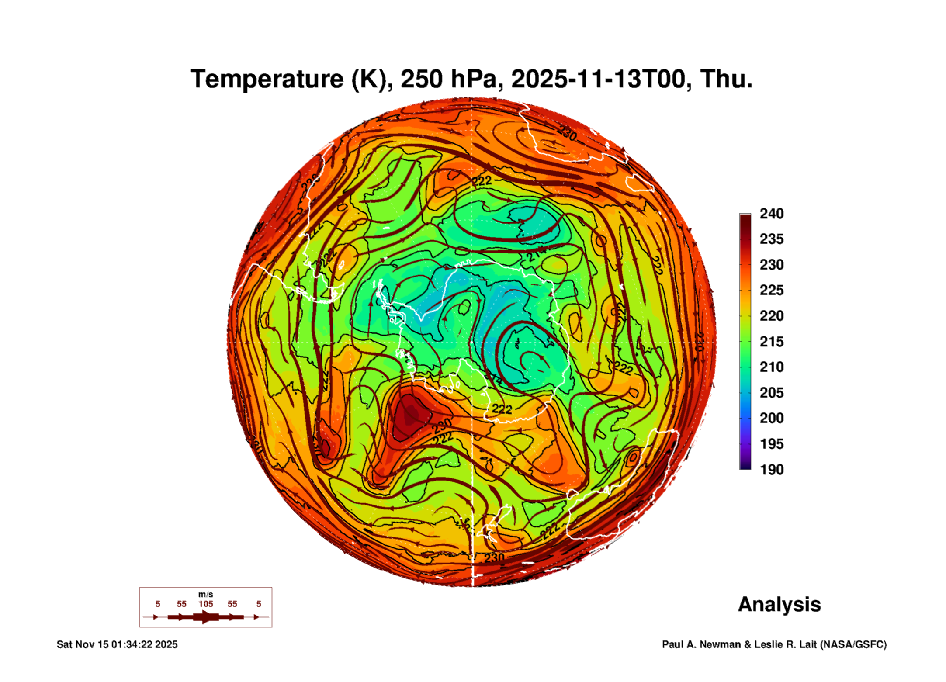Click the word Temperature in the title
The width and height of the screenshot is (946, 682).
(267, 80)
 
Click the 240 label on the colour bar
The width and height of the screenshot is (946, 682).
(771, 214)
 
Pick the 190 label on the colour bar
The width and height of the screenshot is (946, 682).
(771, 470)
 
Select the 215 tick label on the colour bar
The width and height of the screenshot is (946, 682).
(771, 342)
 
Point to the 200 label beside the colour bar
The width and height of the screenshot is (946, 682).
(771, 418)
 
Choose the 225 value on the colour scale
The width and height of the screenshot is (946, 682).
(771, 290)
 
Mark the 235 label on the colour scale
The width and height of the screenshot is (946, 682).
(771, 239)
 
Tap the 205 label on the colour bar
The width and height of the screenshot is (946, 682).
(771, 393)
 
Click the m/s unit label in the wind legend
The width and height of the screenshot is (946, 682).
(205, 595)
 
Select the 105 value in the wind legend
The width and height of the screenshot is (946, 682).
(205, 604)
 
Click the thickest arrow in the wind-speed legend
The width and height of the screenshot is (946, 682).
(205, 617)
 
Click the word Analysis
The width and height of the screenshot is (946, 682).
(779, 605)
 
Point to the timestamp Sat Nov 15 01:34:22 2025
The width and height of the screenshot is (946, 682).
(117, 644)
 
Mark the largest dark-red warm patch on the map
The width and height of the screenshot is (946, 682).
(409, 415)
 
